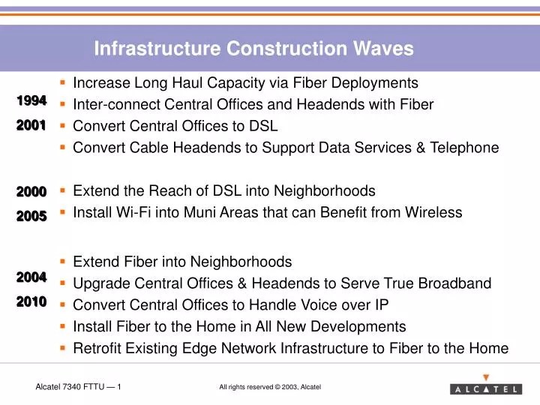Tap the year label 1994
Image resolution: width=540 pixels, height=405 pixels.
(31, 100)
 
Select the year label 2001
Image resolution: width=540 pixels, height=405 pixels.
(31, 125)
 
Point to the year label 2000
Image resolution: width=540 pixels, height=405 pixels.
(31, 192)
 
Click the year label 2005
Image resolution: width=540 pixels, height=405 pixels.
(31, 216)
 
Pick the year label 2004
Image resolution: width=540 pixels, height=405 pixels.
(31, 277)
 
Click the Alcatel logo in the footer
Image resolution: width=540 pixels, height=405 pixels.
(486, 388)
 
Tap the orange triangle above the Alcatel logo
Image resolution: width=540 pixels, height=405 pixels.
(486, 377)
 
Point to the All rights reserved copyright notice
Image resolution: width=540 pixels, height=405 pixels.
(270, 387)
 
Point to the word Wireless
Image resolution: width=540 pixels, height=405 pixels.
(433, 212)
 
